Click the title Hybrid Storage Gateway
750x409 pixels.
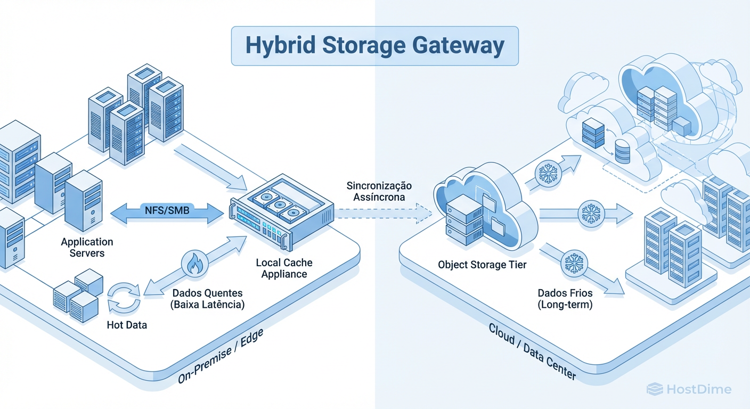click(x=374, y=46)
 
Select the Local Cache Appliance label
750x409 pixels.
click(x=284, y=268)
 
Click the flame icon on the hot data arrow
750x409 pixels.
click(x=192, y=263)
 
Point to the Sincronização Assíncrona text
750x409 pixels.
click(x=379, y=191)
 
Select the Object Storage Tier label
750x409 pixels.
click(x=482, y=264)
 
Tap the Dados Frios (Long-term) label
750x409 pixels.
click(x=565, y=299)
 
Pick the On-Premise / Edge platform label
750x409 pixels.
click(x=221, y=356)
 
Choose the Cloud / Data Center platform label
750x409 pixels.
click(x=532, y=351)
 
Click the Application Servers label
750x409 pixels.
click(x=87, y=248)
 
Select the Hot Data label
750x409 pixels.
click(x=126, y=324)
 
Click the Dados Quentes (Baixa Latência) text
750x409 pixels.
click(x=208, y=299)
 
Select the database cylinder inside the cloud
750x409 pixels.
click(x=622, y=151)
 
